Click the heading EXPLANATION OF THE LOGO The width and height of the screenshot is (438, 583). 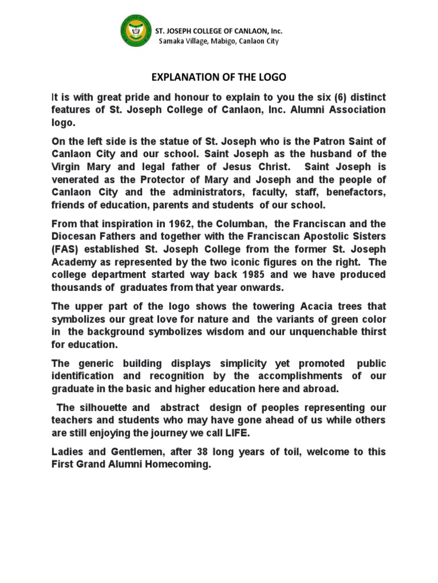218,77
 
